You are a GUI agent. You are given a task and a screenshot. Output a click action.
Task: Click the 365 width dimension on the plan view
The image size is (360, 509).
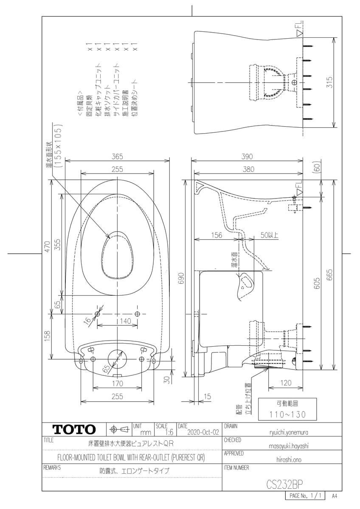[x=117, y=157]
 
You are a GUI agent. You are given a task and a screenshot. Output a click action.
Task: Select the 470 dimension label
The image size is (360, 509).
[x=47, y=246]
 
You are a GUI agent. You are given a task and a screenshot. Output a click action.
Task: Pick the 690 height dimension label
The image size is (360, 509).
[x=181, y=278]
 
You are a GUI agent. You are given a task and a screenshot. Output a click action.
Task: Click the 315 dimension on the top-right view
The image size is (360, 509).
[x=329, y=82]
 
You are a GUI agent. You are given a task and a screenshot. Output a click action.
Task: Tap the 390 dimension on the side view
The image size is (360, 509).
[x=247, y=157]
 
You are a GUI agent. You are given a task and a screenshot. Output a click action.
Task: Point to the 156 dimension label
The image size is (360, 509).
[x=217, y=235]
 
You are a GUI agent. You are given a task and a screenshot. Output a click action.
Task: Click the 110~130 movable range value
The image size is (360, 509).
[x=287, y=415]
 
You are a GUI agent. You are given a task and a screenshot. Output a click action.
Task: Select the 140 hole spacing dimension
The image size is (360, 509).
[x=126, y=321]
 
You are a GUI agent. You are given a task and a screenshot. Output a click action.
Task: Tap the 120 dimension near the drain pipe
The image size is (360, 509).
[x=286, y=383]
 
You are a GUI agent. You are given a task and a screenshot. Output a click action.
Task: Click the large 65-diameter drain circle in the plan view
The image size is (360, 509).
[x=117, y=359]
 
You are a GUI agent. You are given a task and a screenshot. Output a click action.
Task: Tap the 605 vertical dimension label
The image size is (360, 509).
[x=317, y=283]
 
